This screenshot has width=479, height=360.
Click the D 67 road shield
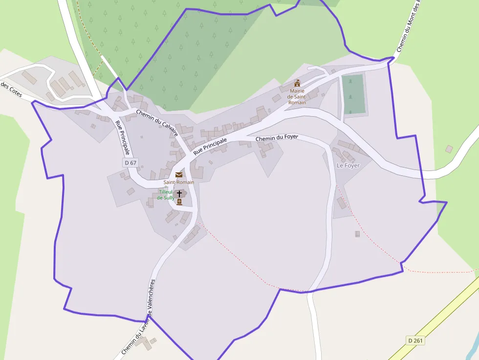point(130,162)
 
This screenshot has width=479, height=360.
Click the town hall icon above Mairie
point(297,83)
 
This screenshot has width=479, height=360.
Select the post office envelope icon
point(179,175)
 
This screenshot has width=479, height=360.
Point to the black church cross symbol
point(179,194)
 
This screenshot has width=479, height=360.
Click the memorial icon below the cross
point(179,202)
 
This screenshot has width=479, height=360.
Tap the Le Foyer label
point(348,166)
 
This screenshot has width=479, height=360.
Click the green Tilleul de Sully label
point(166,195)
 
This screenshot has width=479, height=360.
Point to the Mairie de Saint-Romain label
point(297,96)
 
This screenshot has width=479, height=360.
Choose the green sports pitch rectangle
point(353,94)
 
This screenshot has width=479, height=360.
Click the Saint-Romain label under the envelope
point(179,182)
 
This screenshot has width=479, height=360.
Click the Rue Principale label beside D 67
point(122,137)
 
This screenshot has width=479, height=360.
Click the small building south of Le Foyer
point(357,234)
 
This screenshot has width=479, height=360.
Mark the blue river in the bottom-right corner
point(473,351)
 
